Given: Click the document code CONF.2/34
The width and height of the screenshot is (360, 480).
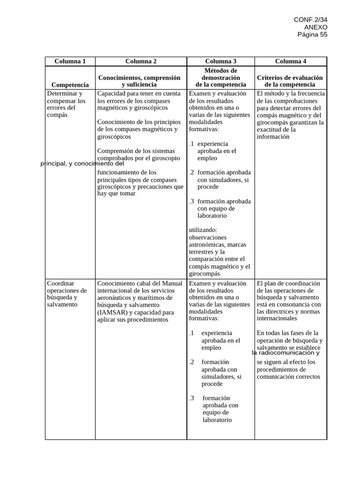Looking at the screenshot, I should point(310,19).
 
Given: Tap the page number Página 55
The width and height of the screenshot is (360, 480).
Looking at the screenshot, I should point(312,34).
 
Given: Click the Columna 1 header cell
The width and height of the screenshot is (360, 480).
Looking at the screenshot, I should point(70,61).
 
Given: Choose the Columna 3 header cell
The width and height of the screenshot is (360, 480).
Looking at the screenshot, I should point(221,61).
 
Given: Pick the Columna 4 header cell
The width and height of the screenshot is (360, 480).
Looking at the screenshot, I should point(291,61).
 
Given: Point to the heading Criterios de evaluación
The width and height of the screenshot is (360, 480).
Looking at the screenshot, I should point(290,77).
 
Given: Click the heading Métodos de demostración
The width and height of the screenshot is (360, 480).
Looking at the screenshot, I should point(221,74).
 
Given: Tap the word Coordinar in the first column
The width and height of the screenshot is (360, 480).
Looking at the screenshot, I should point(61,283).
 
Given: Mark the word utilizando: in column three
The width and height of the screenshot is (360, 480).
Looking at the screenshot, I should point(203,230).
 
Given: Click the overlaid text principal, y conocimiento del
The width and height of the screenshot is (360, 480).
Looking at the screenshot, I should point(82,164).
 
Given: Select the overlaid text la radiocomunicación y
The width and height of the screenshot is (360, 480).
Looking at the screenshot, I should point(285,353).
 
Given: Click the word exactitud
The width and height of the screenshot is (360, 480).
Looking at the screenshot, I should point(270,129).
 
